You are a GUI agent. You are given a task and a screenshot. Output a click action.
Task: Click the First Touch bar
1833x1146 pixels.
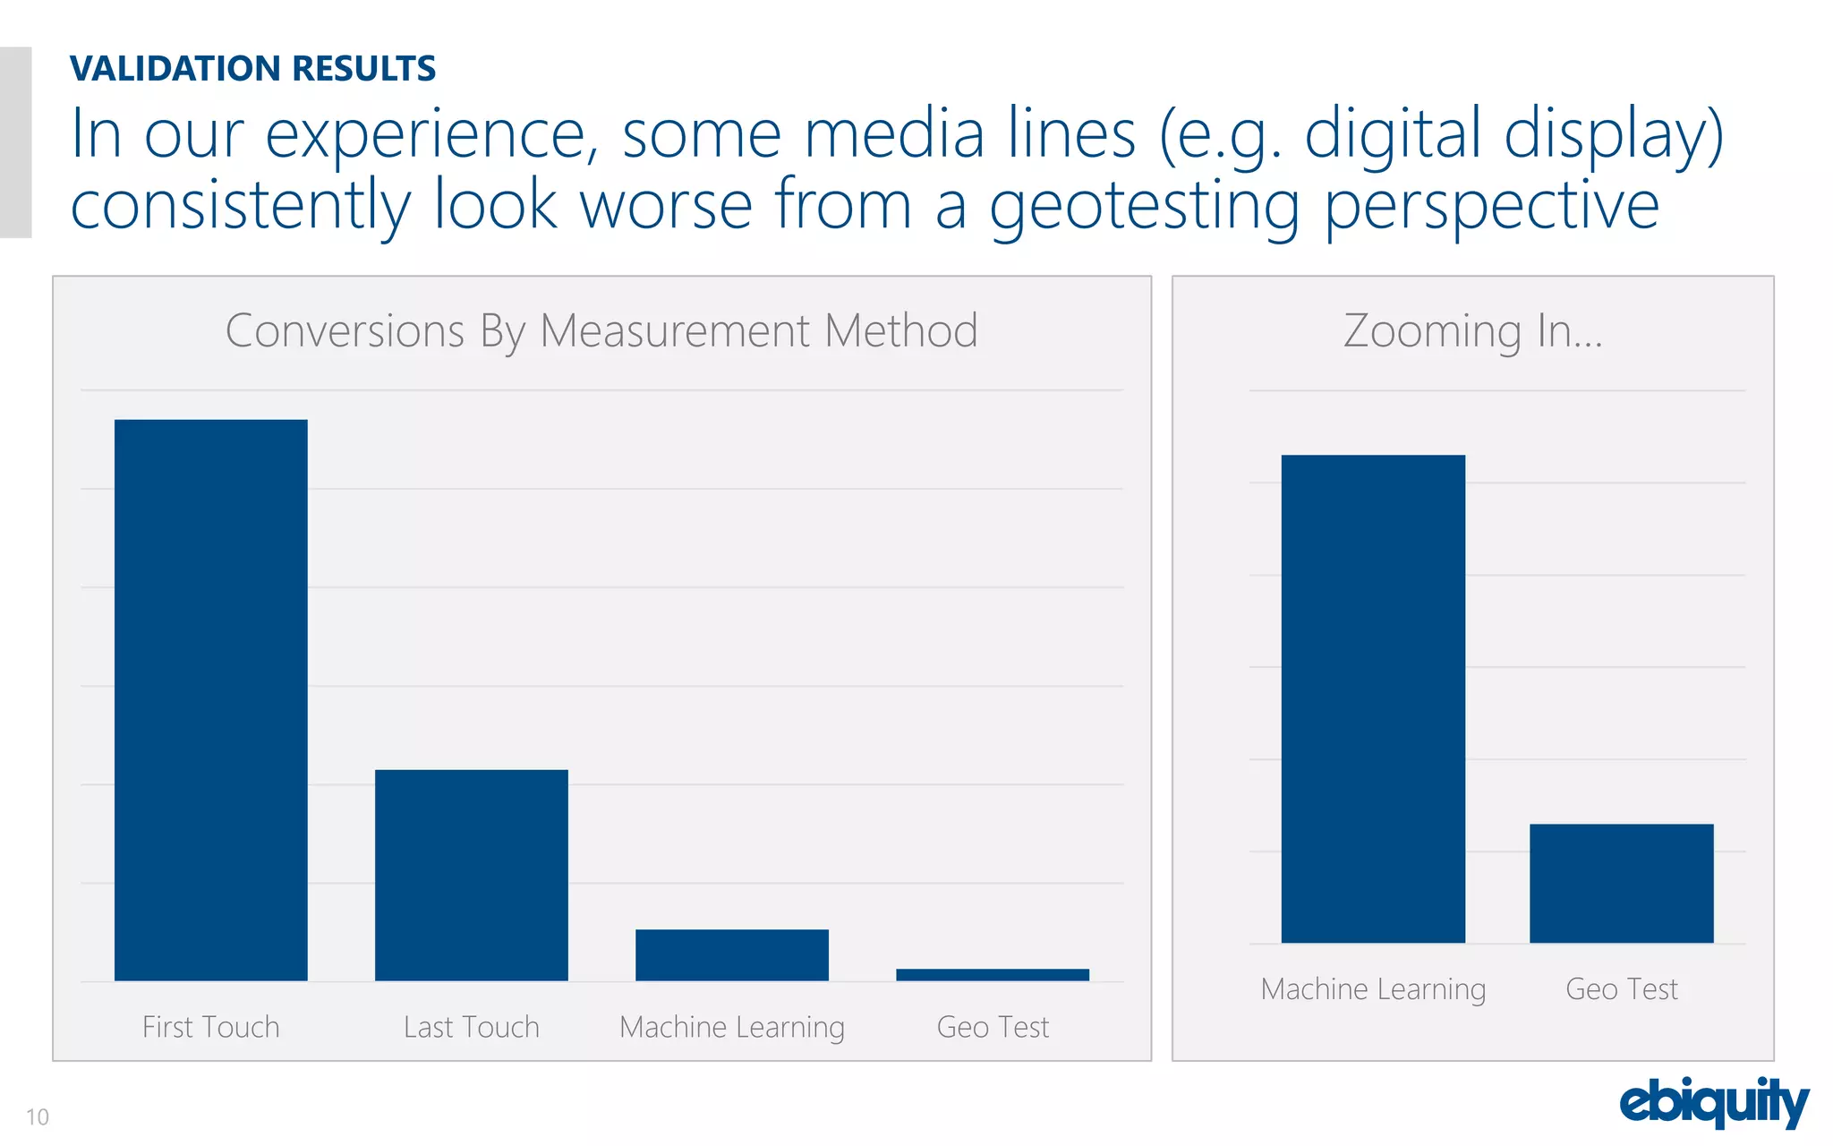[x=211, y=699]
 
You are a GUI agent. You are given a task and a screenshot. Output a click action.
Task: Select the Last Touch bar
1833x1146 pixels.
[x=472, y=875]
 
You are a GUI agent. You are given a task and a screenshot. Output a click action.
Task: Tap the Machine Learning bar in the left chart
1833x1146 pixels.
[x=732, y=954]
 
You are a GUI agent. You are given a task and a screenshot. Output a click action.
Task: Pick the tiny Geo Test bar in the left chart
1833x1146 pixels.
[x=993, y=975]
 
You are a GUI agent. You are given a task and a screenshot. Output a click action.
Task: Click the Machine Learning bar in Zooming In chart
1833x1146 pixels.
[x=1373, y=698]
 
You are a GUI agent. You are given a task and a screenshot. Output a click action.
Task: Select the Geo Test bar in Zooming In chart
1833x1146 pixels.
[x=1621, y=883]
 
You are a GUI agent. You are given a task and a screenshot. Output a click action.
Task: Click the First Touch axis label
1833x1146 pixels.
[x=211, y=1027]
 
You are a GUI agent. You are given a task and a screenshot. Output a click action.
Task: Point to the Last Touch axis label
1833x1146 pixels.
[x=472, y=1027]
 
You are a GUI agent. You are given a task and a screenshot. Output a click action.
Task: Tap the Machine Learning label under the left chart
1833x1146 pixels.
[x=732, y=1028]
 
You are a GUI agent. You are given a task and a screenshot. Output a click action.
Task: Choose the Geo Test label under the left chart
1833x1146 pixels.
[x=993, y=1027]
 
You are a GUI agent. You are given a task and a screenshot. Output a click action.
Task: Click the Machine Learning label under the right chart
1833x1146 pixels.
[x=1373, y=989]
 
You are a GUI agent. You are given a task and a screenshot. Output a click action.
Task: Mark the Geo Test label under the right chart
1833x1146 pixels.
[x=1621, y=989]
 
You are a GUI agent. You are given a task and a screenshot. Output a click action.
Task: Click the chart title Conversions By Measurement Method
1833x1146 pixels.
[x=601, y=331]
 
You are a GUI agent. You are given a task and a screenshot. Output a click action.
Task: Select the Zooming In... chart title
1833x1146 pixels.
[x=1473, y=331]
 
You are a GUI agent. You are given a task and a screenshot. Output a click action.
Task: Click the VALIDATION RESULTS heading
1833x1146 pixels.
[x=253, y=69]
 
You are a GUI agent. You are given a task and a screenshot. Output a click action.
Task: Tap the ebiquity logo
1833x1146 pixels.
[x=1714, y=1102]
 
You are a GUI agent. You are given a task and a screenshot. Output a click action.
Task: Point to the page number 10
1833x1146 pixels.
[x=38, y=1116]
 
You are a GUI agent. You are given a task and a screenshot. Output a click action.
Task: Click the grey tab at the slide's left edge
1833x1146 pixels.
[x=15, y=141]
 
